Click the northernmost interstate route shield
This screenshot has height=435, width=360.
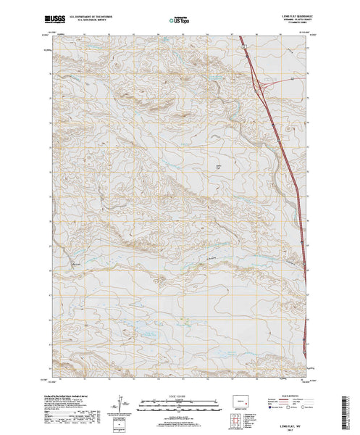coord(245,47)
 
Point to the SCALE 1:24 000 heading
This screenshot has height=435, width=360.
coord(178,396)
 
